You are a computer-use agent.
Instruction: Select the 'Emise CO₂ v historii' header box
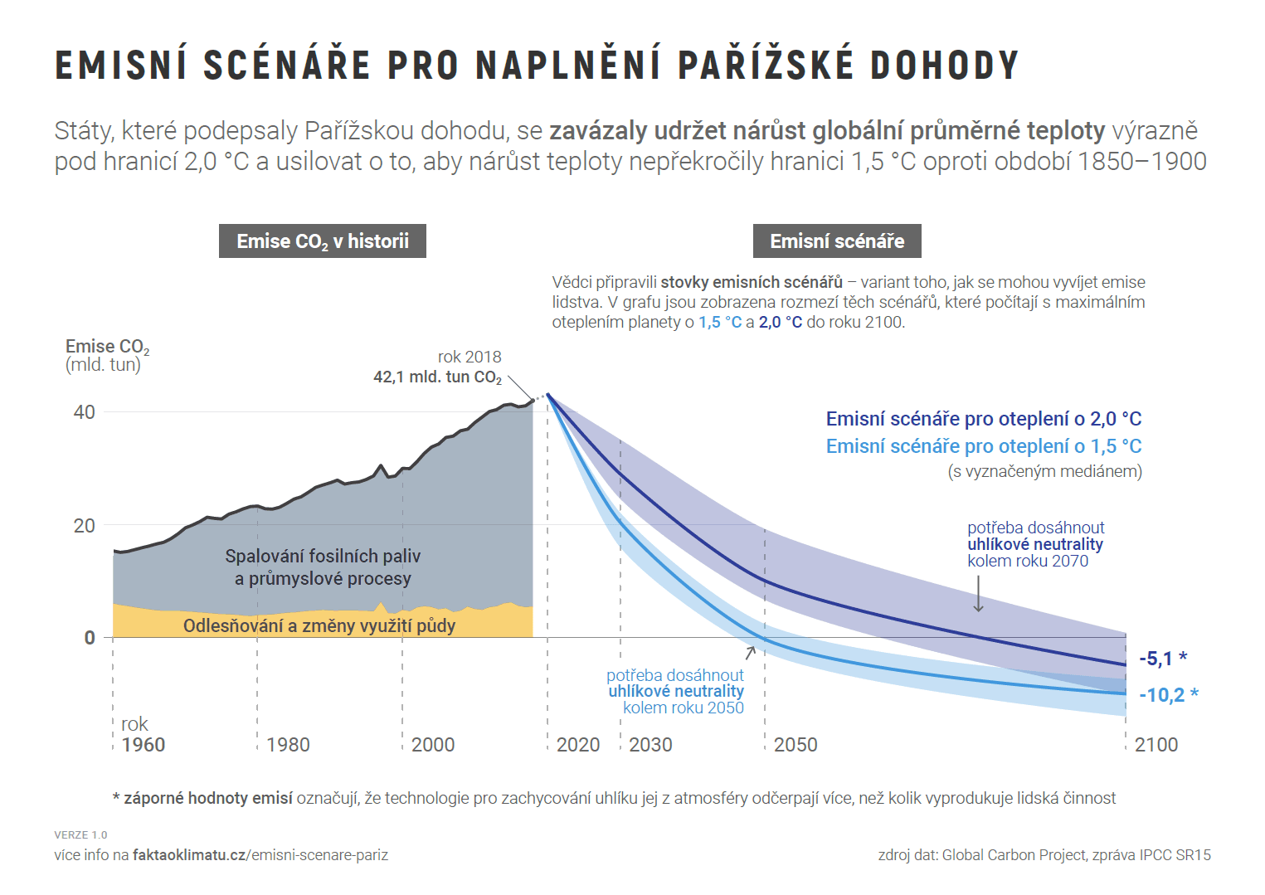coord(323,241)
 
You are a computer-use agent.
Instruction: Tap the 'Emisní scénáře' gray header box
coord(837,241)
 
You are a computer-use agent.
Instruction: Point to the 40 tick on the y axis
coord(85,412)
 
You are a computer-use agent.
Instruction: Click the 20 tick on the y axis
coord(85,526)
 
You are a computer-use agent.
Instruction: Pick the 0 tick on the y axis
coord(90,638)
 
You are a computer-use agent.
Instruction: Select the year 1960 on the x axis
coord(144,745)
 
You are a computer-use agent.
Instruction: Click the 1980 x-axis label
coord(288,745)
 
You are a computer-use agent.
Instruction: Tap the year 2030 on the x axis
coord(650,745)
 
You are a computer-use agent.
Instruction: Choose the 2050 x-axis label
coord(795,745)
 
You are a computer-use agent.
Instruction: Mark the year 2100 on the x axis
coord(1156,745)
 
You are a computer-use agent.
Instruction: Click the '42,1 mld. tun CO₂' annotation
coord(437,377)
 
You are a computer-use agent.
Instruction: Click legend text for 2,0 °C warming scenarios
coord(984,419)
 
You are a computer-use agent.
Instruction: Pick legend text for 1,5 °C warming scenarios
coord(984,446)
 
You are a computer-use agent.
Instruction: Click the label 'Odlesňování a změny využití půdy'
coord(319,625)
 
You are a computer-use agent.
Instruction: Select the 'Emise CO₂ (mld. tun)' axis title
coord(107,355)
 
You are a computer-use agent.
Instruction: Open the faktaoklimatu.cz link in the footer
coord(260,855)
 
